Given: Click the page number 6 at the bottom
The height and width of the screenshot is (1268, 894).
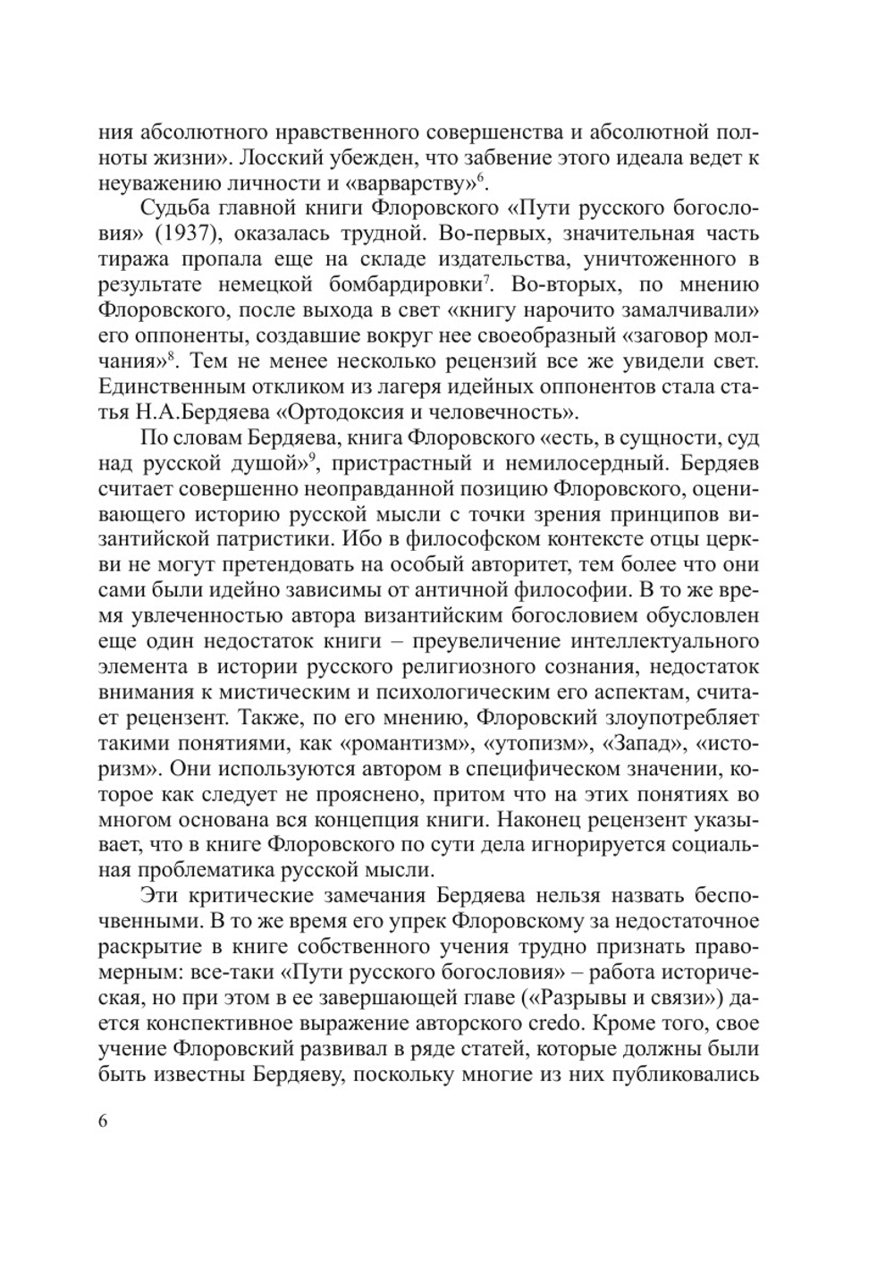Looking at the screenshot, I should tap(102, 1122).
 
